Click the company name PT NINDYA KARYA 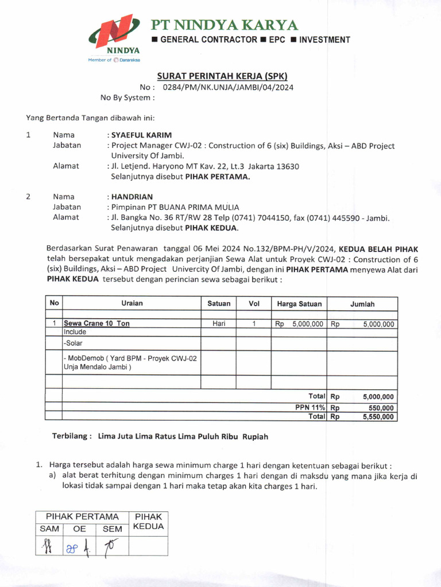224,25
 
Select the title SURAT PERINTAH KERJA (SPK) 222,76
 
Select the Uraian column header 131,303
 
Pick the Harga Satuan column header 299,304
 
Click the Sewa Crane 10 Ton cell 96,323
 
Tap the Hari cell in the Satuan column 219,323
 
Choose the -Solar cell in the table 73,343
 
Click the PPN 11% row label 310,408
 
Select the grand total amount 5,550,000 378,417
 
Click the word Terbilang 72,436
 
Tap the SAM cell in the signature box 49,529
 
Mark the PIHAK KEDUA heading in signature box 148,521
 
